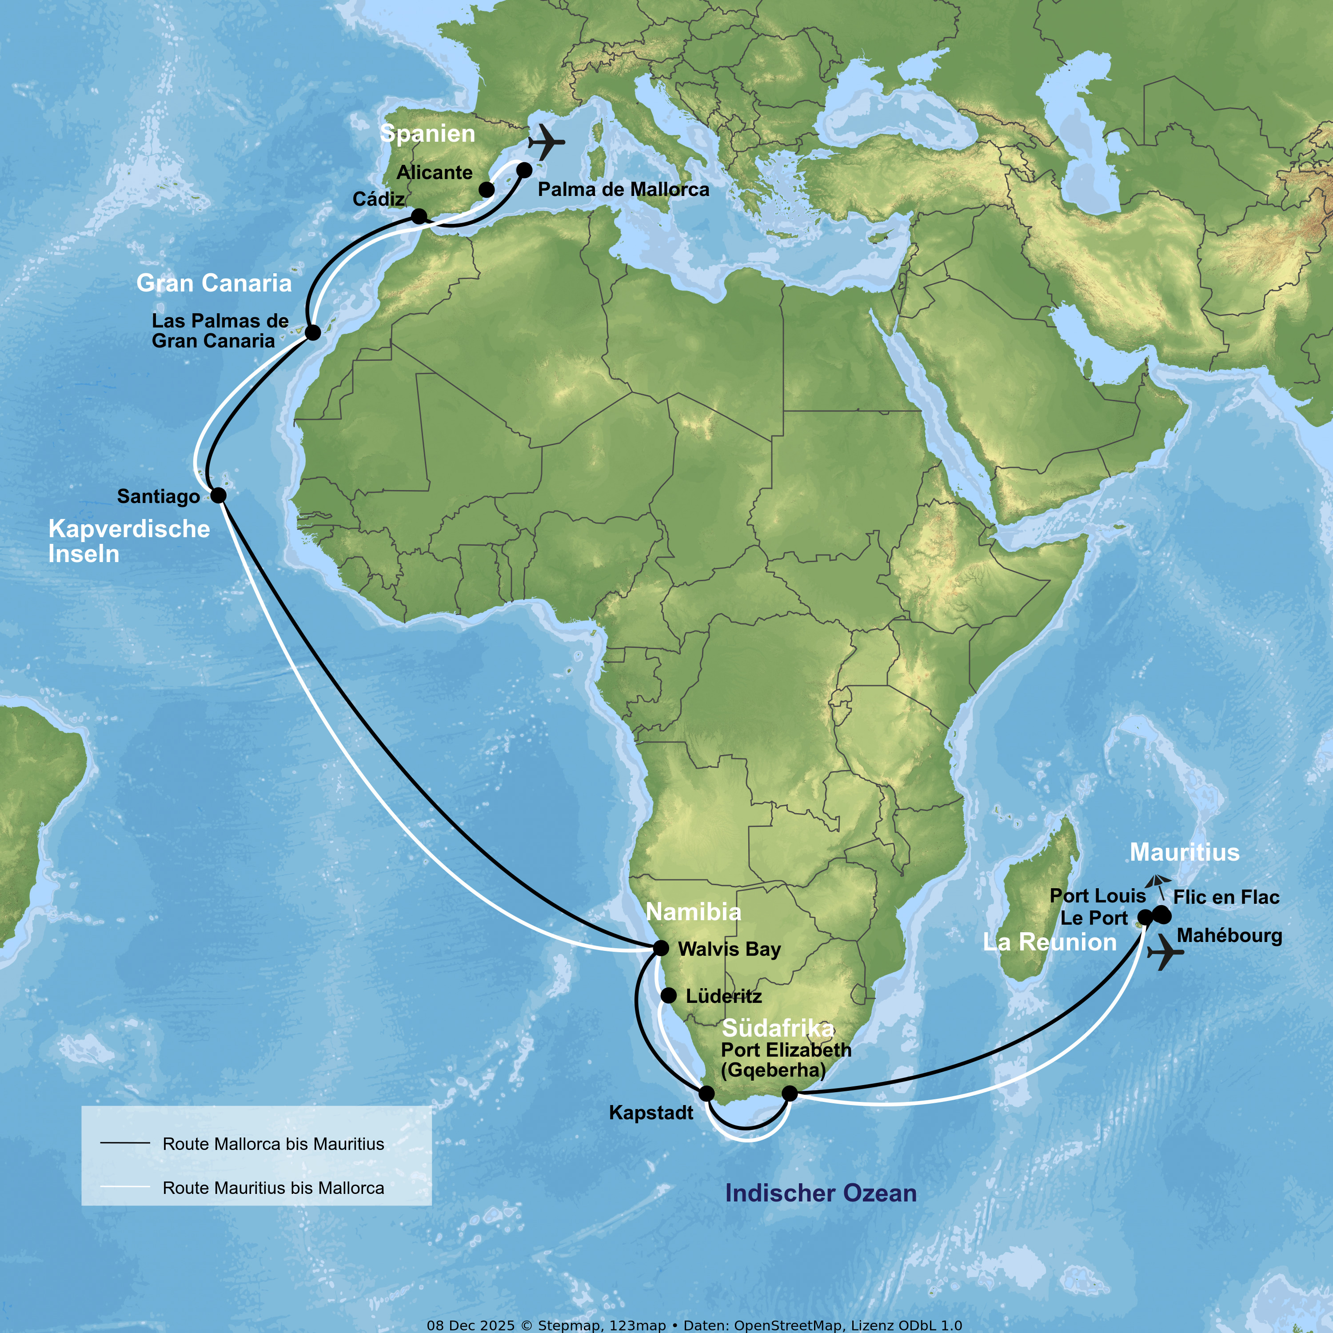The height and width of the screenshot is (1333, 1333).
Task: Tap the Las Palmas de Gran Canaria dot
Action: pyautogui.click(x=312, y=332)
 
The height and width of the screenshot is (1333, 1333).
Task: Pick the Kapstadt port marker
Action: pyautogui.click(x=706, y=1093)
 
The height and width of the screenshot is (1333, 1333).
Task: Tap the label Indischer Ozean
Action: pyautogui.click(x=821, y=1193)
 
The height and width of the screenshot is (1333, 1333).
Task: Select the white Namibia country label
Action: pyautogui.click(x=694, y=912)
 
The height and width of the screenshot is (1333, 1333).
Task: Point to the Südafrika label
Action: pyautogui.click(x=778, y=1029)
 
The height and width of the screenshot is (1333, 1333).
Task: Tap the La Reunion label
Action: pyautogui.click(x=1050, y=942)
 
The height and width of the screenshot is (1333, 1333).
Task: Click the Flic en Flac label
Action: pyautogui.click(x=1226, y=898)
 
